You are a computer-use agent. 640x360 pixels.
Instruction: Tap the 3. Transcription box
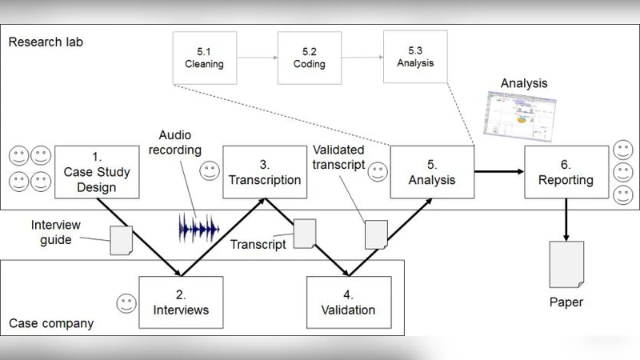coord(264,171)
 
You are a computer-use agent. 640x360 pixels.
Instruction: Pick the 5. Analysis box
coord(431,171)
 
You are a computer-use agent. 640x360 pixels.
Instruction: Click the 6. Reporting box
coord(566,171)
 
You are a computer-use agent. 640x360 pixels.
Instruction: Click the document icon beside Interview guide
coord(120,239)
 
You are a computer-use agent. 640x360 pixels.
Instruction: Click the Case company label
coord(51,324)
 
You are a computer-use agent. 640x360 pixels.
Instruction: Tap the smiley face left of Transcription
coord(210,170)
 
